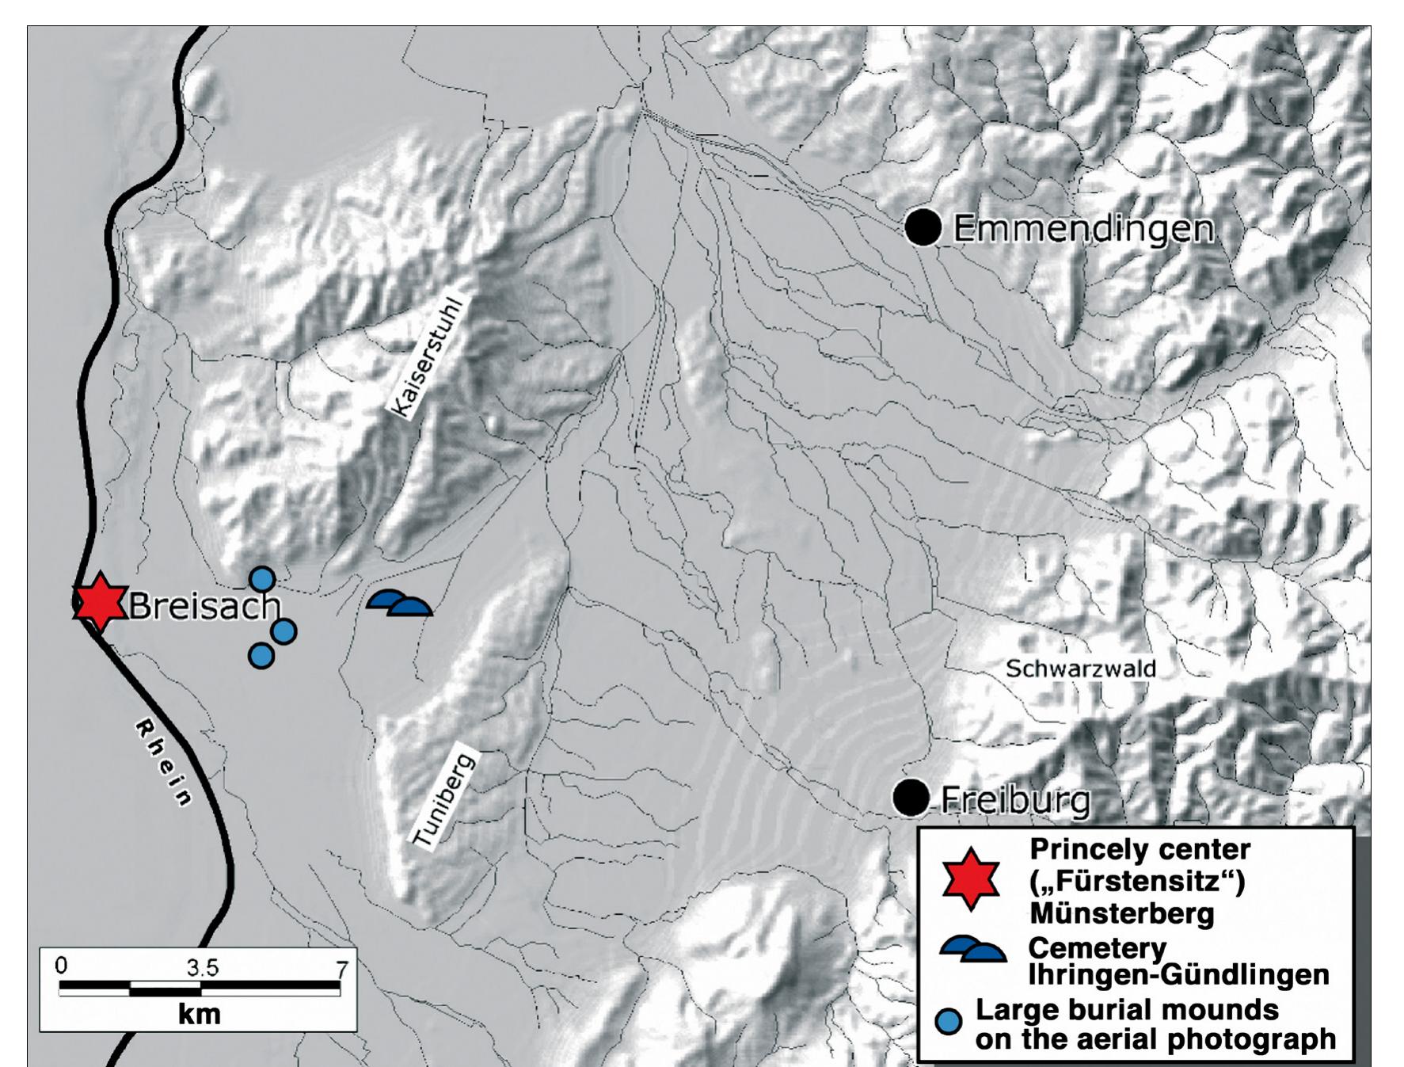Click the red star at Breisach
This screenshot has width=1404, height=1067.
point(100,602)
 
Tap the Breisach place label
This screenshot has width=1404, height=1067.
point(204,606)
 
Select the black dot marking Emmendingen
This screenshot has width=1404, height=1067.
point(923,227)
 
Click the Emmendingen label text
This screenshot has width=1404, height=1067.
point(1083,229)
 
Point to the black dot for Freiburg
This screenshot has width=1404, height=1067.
point(911,797)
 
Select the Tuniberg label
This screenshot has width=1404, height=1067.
point(444,801)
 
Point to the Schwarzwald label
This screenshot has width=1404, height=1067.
point(1080,669)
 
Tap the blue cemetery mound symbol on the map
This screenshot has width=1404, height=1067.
point(400,604)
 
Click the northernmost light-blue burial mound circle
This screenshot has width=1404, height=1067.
point(262,580)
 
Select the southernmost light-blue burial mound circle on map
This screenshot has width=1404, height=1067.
point(261,656)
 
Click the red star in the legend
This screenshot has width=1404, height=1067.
point(971,880)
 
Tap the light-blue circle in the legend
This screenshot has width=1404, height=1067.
point(949,1021)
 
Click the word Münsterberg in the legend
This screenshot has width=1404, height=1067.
point(1121,913)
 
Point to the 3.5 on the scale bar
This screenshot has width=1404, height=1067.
point(203,967)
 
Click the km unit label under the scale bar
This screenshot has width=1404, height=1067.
point(199,1014)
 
